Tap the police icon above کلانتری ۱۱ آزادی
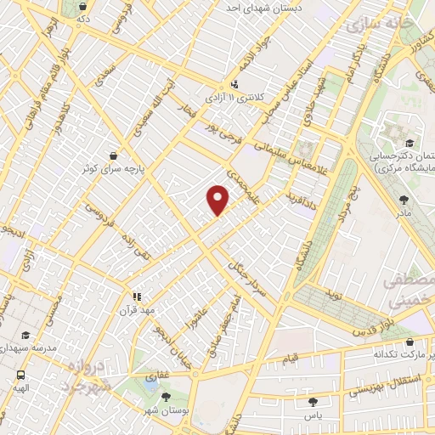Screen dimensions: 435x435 click(x=234, y=85)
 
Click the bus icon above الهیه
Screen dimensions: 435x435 click(x=20, y=374)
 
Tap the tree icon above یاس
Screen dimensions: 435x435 click(x=314, y=401)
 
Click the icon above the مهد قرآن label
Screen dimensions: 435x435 click(x=134, y=297)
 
